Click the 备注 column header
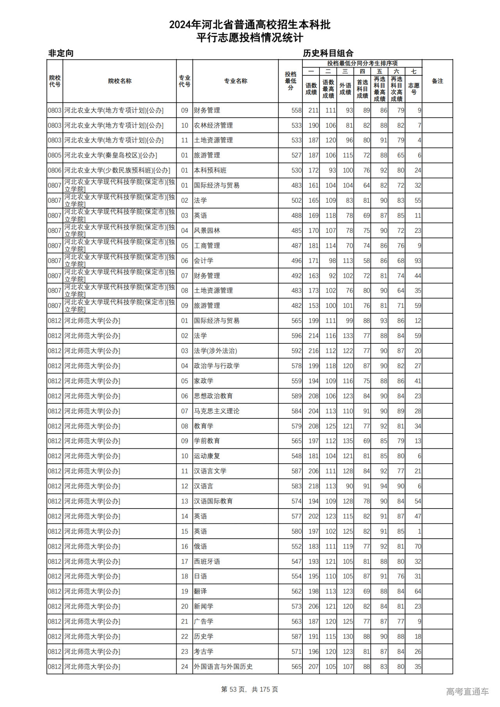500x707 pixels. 437,81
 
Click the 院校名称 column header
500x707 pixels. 120,81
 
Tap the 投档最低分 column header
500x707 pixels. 290,81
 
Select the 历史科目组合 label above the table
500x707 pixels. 328,53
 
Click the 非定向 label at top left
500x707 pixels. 61,53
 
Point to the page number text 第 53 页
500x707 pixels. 234,689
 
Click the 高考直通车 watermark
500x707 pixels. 467,691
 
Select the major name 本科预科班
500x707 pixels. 210,170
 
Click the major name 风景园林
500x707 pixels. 207,230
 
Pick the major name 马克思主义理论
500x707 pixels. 217,411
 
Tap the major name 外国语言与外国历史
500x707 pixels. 223,666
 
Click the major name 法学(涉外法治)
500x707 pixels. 216,351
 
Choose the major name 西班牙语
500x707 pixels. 207,561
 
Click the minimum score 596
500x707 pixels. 296,336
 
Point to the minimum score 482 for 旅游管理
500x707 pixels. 296,305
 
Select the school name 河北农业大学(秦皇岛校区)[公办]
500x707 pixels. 111,155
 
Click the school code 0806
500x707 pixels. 55,170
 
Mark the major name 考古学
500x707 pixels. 204,651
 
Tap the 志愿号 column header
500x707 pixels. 414,88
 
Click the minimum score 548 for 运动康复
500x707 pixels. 296,456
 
